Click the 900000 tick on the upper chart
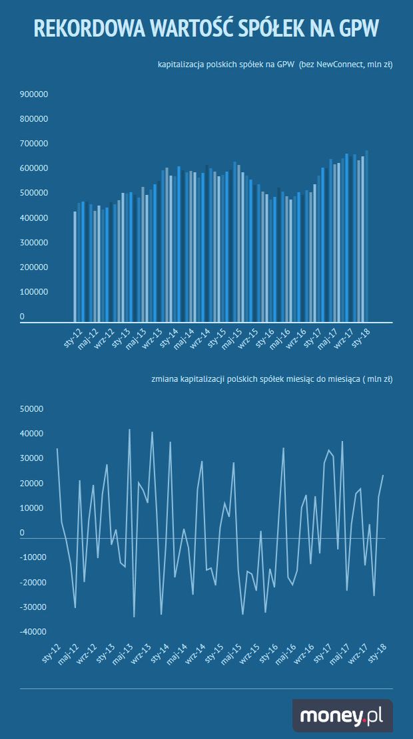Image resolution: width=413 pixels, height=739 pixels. [x=34, y=94]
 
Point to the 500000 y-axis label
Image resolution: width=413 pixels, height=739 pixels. [x=34, y=193]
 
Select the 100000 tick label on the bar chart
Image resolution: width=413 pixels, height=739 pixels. [x=34, y=292]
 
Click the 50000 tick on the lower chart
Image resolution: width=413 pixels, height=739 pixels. [x=31, y=409]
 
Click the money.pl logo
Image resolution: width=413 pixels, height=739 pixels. [x=342, y=716]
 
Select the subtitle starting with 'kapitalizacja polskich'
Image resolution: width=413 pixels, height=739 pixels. [x=275, y=65]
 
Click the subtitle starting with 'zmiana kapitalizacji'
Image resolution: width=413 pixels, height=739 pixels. [x=272, y=379]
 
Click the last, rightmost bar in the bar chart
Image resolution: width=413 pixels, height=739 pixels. [x=366, y=236]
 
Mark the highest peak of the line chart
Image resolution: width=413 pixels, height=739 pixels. [x=129, y=430]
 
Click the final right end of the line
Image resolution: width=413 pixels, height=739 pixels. [x=383, y=476]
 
